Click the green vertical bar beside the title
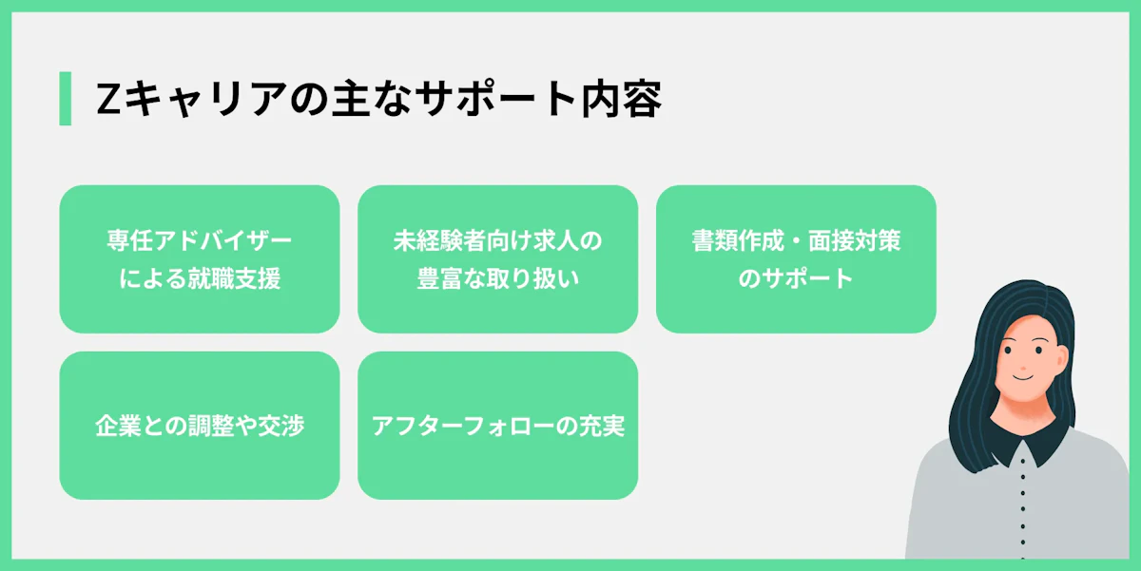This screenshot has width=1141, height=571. click(65, 98)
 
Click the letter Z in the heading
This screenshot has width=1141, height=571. click(106, 99)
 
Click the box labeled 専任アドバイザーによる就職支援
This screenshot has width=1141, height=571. click(199, 258)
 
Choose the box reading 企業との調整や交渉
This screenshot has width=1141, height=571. click(199, 426)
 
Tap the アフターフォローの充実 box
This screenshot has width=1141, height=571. click(497, 426)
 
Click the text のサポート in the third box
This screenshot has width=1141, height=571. click(796, 279)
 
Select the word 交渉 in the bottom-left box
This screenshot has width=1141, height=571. click(281, 426)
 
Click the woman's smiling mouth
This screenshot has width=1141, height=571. click(1019, 376)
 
